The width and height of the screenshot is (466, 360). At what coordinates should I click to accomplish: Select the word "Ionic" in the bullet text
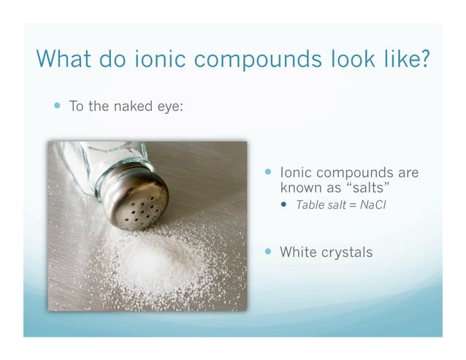[x=297, y=174]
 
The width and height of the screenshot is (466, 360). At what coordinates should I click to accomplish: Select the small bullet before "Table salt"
[x=286, y=204]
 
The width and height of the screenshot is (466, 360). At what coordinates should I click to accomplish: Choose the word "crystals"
[x=348, y=253]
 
